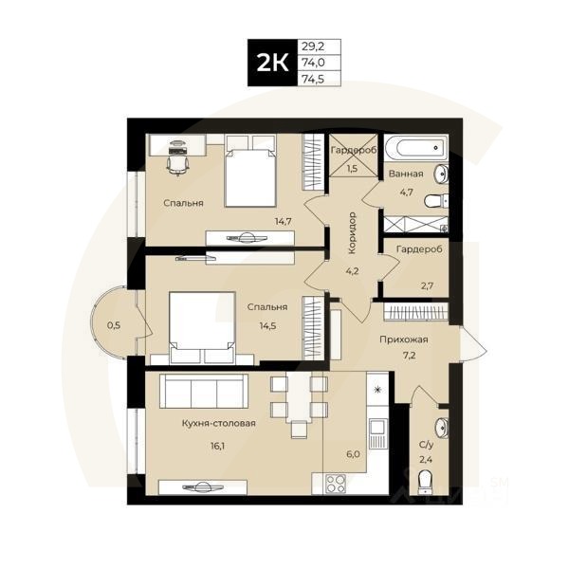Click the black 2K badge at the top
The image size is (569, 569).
pyautogui.click(x=271, y=64)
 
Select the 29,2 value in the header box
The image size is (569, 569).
pyautogui.click(x=310, y=46)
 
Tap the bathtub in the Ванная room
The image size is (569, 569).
pyautogui.click(x=419, y=148)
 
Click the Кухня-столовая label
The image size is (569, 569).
pyautogui.click(x=220, y=424)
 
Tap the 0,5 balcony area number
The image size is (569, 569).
pyautogui.click(x=114, y=325)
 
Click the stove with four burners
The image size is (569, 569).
pyautogui.click(x=336, y=483)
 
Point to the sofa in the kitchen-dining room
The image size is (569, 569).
pyautogui.click(x=203, y=392)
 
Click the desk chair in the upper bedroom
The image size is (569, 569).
pyautogui.click(x=177, y=162)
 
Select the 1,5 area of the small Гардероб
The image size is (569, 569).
pyautogui.click(x=352, y=169)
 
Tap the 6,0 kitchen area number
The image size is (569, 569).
pyautogui.click(x=354, y=453)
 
